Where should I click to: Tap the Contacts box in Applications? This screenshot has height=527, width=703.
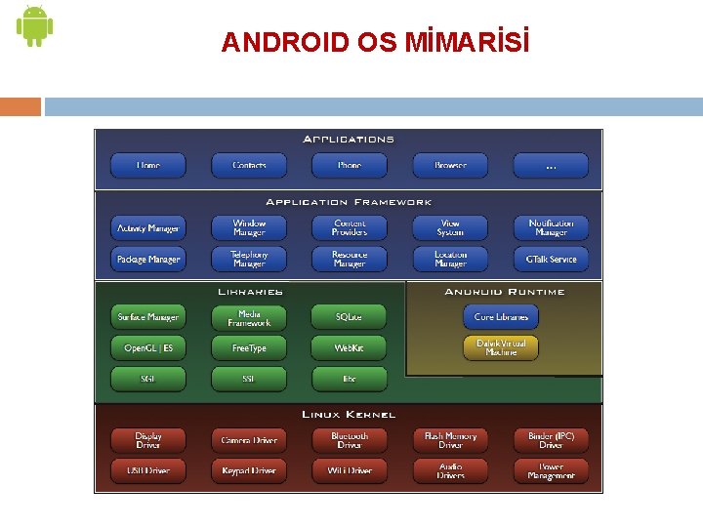[249, 166]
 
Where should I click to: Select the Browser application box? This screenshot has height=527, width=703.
[450, 166]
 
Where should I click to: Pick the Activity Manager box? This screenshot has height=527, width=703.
[148, 228]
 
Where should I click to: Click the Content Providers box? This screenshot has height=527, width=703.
[350, 228]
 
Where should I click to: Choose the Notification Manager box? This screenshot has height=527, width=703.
[551, 228]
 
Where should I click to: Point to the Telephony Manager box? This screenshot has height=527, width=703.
[249, 260]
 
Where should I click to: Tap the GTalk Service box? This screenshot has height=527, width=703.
[551, 260]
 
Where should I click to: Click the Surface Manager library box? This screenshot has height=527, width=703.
[148, 317]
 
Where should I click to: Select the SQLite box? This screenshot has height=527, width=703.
[350, 317]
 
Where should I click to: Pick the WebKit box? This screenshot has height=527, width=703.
[350, 347]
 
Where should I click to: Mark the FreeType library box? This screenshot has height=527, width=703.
[249, 347]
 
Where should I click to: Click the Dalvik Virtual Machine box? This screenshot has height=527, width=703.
[501, 347]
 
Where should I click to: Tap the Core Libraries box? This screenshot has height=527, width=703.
[501, 317]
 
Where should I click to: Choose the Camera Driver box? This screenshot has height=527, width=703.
[249, 440]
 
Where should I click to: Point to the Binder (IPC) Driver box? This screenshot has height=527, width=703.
[551, 440]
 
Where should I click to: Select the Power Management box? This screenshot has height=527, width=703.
[551, 470]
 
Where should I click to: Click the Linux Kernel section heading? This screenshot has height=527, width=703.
[349, 415]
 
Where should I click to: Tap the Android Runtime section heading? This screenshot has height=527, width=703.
[504, 292]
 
